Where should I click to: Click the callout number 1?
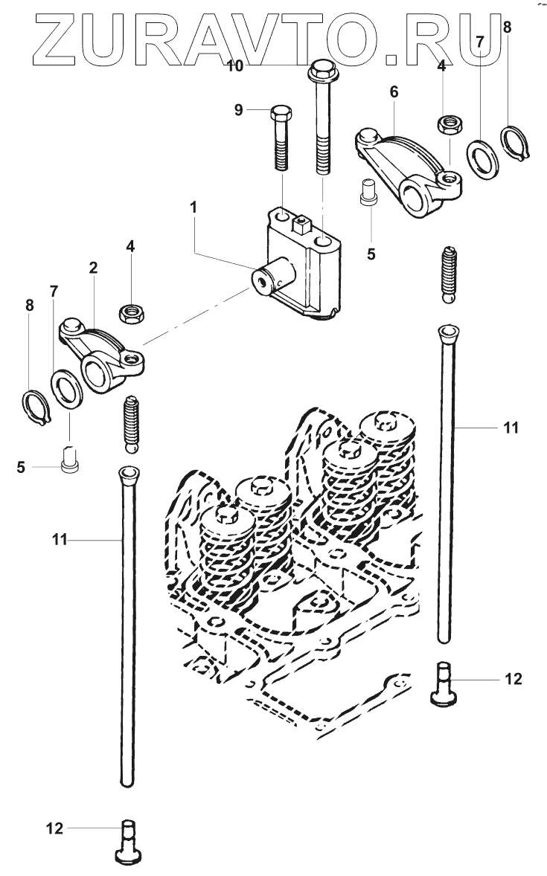click(x=193, y=207)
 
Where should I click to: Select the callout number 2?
click(x=94, y=267)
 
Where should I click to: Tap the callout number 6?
click(x=394, y=91)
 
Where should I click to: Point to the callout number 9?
click(x=239, y=110)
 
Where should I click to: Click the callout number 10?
click(x=235, y=66)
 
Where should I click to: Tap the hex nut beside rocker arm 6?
click(x=449, y=123)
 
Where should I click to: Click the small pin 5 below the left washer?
click(x=69, y=460)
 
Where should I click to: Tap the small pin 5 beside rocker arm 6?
click(x=368, y=193)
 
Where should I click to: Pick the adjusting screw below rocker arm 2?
click(x=130, y=423)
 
